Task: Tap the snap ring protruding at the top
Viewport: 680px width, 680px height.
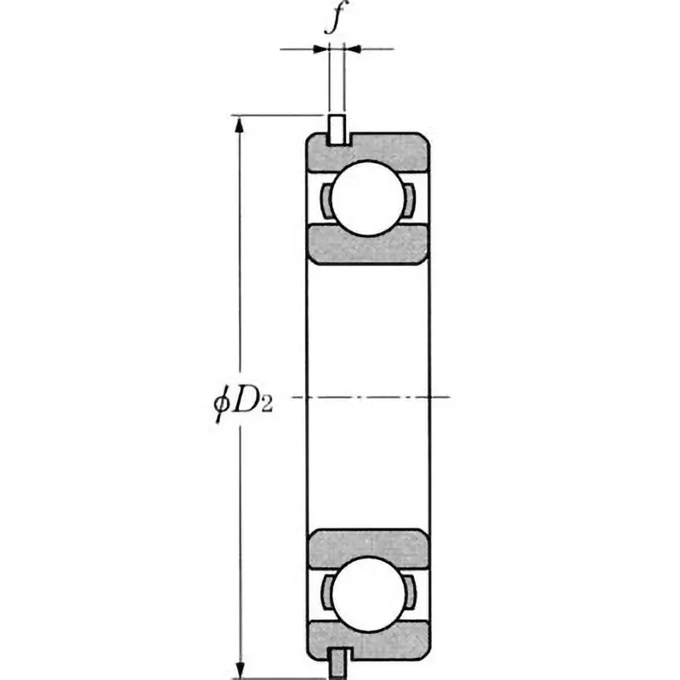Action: pos(337,128)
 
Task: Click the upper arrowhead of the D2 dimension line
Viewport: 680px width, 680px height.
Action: pos(241,125)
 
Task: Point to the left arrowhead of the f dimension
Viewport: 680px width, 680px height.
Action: pos(321,48)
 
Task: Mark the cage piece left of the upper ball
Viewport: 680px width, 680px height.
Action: pos(326,199)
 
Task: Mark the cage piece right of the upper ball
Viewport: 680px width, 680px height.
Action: pos(408,199)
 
